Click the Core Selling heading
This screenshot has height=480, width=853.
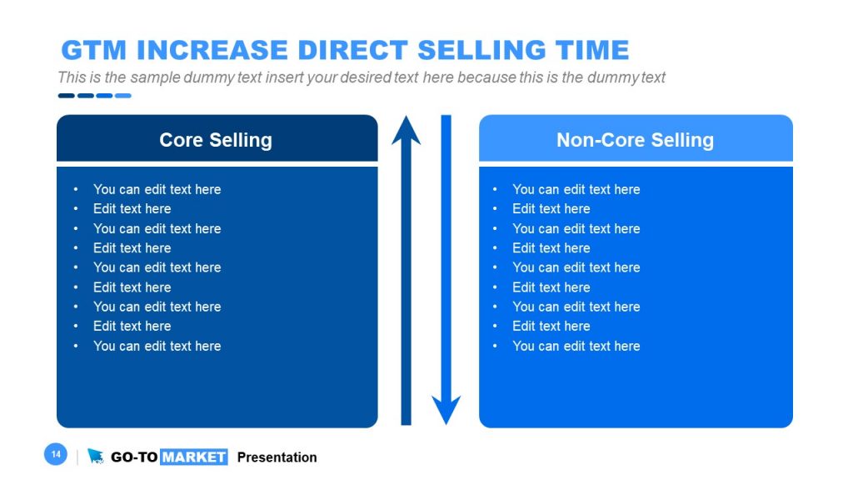(216, 139)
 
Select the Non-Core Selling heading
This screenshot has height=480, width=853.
(635, 139)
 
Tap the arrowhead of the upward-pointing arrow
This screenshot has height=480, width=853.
(407, 131)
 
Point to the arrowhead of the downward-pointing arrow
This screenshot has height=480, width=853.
(446, 410)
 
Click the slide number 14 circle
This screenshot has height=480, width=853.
(55, 454)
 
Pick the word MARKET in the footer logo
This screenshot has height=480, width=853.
(193, 457)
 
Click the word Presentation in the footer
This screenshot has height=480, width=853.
(277, 457)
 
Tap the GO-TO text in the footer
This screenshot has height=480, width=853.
(133, 457)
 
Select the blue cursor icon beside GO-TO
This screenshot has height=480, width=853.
(96, 456)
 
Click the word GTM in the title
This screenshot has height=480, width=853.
(94, 50)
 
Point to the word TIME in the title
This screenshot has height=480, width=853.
(587, 50)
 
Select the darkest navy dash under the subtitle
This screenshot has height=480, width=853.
(66, 96)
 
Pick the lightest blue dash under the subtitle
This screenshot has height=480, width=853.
(122, 96)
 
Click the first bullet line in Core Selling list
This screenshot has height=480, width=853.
(157, 189)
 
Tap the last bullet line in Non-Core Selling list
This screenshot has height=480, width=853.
(576, 346)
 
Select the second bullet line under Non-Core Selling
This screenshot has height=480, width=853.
(551, 209)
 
